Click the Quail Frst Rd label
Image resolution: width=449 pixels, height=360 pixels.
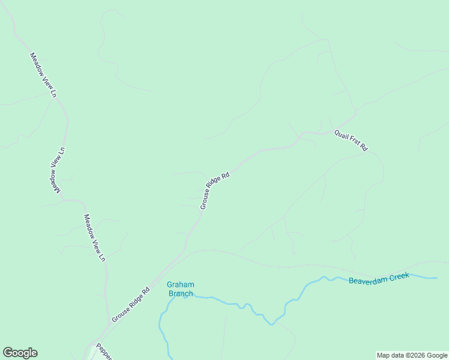tap(351, 140)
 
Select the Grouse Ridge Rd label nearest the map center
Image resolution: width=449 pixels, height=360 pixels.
tap(215, 191)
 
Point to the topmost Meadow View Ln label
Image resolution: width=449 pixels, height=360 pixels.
tap(43, 75)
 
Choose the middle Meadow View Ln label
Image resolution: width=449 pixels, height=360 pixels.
tap(57, 170)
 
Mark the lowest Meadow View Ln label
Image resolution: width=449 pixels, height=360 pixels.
tap(95, 238)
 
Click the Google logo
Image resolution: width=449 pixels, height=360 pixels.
tap(20, 353)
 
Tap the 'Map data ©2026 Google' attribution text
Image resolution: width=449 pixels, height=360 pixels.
tap(412, 355)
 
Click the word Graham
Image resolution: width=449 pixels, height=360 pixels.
tap(181, 285)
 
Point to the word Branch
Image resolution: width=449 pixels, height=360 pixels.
tap(181, 293)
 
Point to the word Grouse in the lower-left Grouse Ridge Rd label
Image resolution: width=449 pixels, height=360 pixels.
tap(120, 314)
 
